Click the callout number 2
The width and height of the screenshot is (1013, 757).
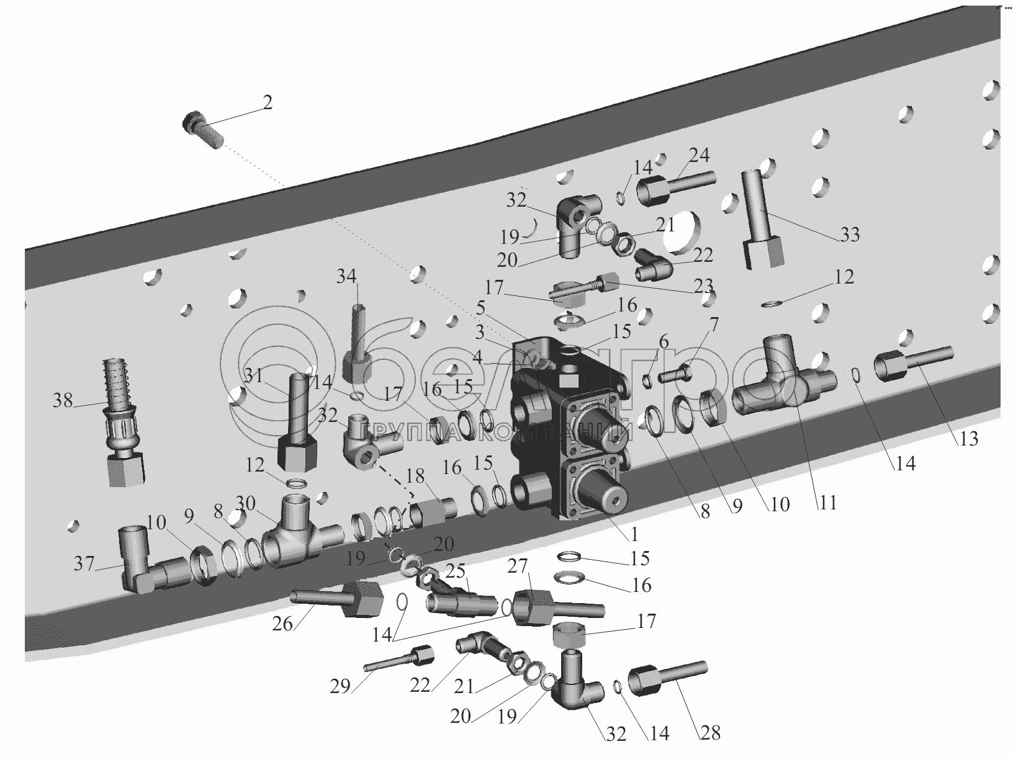(x=267, y=102)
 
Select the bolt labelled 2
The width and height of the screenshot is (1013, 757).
(x=202, y=131)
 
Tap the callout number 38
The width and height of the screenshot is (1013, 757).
(x=63, y=401)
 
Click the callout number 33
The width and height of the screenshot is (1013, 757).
(x=850, y=235)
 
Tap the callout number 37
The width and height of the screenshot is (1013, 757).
(x=85, y=563)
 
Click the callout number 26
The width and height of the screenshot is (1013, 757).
(x=282, y=624)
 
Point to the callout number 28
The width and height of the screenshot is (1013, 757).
(x=711, y=733)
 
